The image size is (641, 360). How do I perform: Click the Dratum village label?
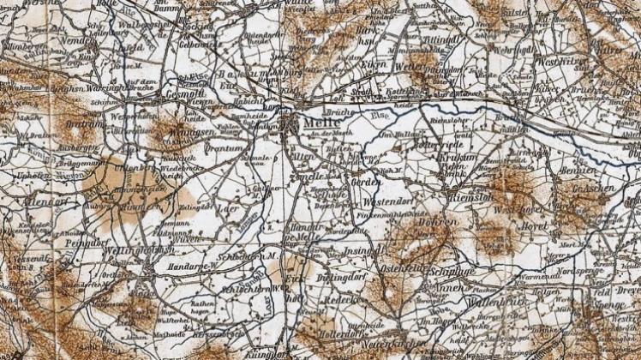[x=78, y=123]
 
